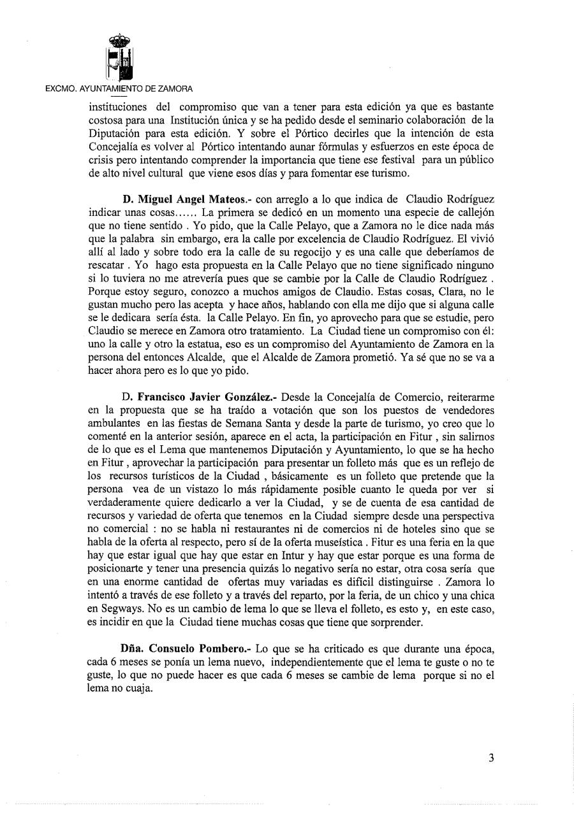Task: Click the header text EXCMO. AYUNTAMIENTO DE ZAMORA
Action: tap(119, 89)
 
